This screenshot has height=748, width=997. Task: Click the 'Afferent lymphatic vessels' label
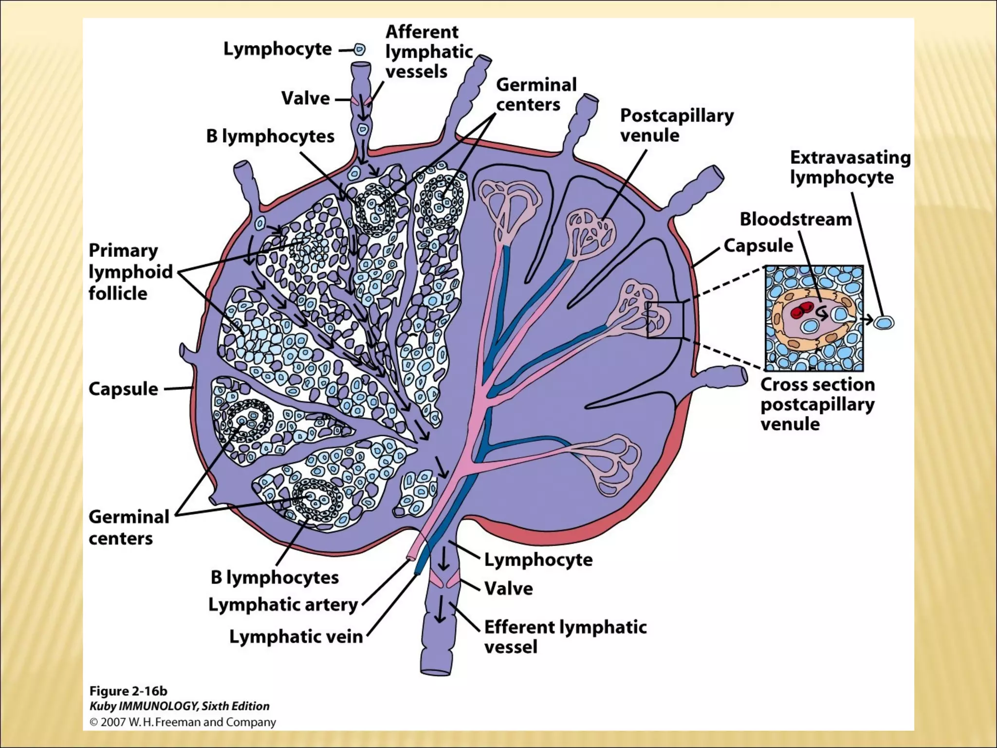click(x=428, y=52)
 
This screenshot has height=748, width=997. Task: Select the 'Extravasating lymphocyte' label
click(x=849, y=167)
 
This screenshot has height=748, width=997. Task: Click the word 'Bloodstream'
click(x=795, y=219)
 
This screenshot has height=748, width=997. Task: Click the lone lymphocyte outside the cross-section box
click(x=884, y=322)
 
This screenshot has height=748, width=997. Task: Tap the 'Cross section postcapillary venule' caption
click(x=817, y=404)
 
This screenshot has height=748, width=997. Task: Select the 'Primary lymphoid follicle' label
click(x=130, y=272)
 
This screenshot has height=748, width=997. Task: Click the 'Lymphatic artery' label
click(x=283, y=605)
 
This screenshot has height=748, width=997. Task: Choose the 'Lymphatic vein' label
click(x=295, y=636)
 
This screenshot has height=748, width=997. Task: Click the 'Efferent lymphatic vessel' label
click(x=565, y=636)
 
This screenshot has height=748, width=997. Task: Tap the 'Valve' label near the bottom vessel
click(x=508, y=588)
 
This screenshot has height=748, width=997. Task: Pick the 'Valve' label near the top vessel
click(x=305, y=98)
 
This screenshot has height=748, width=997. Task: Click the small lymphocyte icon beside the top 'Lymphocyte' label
click(x=359, y=49)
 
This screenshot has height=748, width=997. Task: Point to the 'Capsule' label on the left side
click(x=123, y=389)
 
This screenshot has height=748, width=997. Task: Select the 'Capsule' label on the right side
click(x=758, y=245)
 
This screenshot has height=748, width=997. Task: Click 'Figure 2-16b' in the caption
click(x=128, y=691)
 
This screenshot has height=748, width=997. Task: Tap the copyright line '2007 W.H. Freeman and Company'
click(x=182, y=722)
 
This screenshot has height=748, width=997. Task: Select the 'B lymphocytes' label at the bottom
click(x=275, y=578)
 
